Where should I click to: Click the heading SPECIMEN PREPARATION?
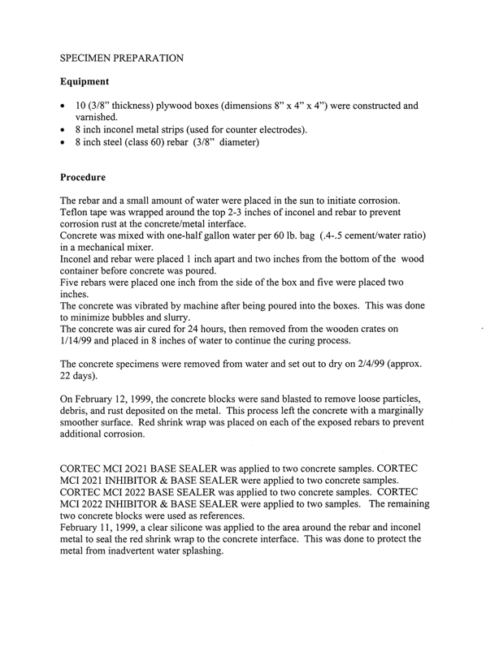click(122, 59)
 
